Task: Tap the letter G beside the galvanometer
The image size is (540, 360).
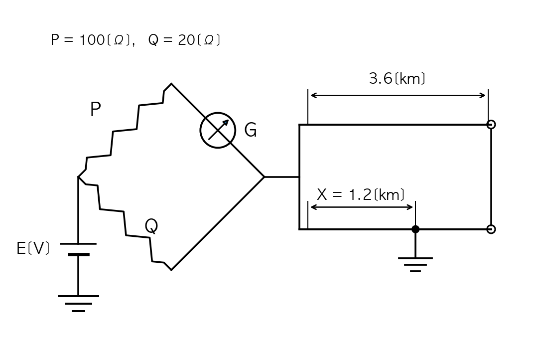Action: [251, 130]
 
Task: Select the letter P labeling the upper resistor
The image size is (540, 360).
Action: [95, 109]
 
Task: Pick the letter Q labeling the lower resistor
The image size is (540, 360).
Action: [151, 226]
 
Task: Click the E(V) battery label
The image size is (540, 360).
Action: [33, 248]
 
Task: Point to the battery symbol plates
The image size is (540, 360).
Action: [78, 249]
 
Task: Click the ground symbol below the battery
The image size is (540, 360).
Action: [78, 304]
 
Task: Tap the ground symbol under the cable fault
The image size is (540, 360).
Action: [415, 264]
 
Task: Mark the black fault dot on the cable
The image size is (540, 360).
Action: [415, 229]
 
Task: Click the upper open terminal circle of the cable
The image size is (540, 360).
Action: [491, 124]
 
